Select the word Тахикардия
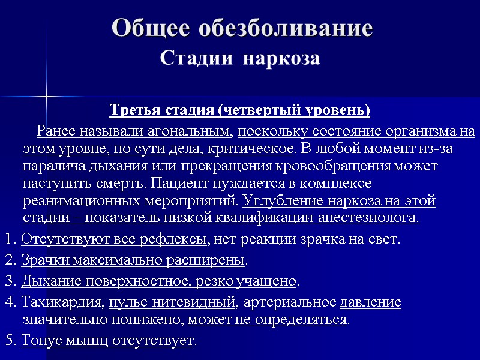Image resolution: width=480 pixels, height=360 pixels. [x=62, y=302]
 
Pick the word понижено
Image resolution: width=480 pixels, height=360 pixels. [x=156, y=319]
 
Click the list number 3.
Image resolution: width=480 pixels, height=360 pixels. [x=9, y=281]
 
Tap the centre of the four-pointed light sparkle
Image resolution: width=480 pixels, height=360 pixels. [x=46, y=96]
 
